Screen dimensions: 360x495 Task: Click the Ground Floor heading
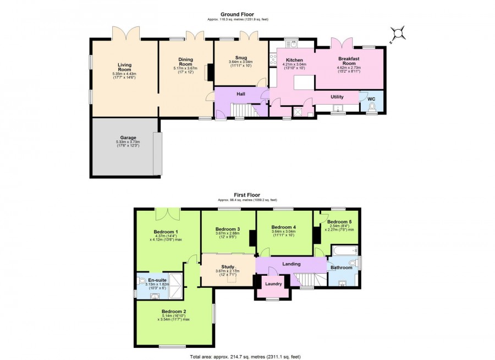point(236,14)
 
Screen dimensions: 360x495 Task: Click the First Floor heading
point(247,194)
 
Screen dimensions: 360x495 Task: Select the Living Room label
point(124,67)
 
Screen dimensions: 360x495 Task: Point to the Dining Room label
point(185,62)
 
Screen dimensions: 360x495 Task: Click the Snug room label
point(240,57)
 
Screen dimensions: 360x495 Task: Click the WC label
point(371,99)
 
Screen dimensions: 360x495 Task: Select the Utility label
point(337,97)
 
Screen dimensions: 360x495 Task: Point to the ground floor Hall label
point(240,94)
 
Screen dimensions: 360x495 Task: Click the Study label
point(228,267)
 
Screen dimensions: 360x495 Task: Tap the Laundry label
point(273,284)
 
